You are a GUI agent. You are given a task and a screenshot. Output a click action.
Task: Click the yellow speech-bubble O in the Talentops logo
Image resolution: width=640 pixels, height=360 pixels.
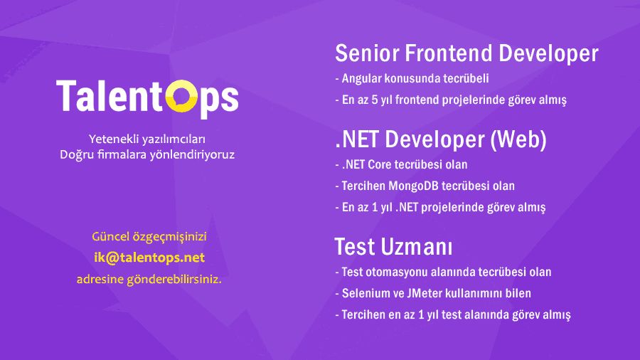tap(181, 96)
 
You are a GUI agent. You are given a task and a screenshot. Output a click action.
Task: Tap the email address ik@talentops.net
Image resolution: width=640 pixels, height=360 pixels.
tap(149, 258)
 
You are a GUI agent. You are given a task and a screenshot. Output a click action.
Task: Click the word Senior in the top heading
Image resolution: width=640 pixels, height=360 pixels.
tap(368, 53)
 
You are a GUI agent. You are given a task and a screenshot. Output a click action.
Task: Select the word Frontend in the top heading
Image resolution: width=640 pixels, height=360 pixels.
tap(449, 53)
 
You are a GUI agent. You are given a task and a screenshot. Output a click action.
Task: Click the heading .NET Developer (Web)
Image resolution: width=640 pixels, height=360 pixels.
tap(441, 139)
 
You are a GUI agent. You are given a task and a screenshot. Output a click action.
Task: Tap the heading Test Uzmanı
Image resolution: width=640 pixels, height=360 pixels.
tap(393, 247)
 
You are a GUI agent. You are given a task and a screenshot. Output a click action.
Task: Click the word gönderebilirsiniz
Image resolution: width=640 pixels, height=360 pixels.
tap(174, 280)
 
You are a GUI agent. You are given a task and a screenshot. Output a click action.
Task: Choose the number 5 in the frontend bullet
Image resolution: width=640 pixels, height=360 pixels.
tap(375, 100)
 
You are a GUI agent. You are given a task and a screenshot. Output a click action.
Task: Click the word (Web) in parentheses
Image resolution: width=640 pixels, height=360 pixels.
tap(518, 139)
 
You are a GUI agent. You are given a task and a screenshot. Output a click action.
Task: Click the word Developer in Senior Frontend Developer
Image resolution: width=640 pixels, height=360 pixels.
tap(548, 54)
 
